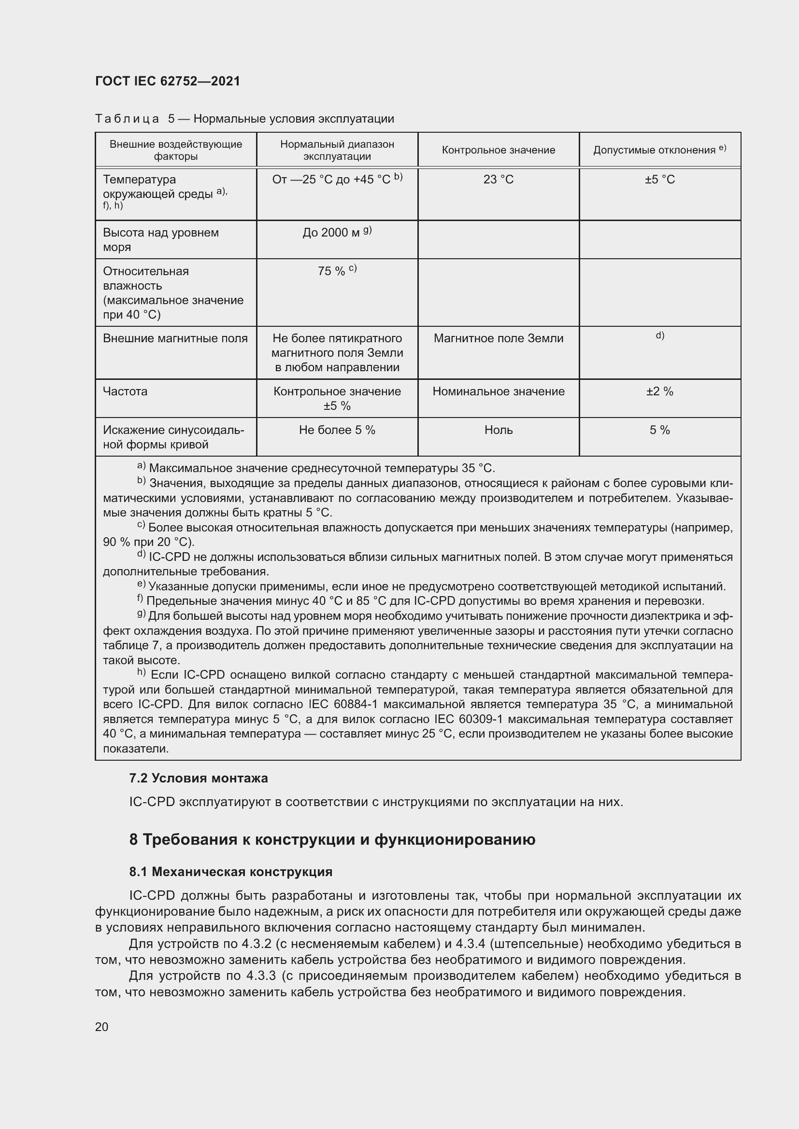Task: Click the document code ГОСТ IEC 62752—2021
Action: click(x=168, y=81)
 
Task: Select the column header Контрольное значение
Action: click(x=498, y=150)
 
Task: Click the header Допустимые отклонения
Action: click(x=659, y=150)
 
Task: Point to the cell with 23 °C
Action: click(x=498, y=180)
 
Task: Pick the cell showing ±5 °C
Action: click(x=659, y=180)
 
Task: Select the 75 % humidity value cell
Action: click(x=337, y=270)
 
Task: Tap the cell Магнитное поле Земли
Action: click(x=498, y=338)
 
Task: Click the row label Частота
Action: click(x=125, y=391)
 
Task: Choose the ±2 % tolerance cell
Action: click(x=659, y=391)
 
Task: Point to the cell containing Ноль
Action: click(x=498, y=430)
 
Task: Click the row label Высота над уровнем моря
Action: click(x=160, y=239)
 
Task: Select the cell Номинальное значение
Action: click(x=498, y=391)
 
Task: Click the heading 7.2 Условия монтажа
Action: click(x=198, y=778)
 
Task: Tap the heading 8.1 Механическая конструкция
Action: click(x=231, y=872)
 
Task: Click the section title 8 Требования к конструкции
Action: click(x=332, y=839)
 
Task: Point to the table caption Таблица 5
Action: click(x=244, y=119)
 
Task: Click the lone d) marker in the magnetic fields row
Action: click(x=659, y=335)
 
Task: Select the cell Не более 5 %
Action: click(x=337, y=430)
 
